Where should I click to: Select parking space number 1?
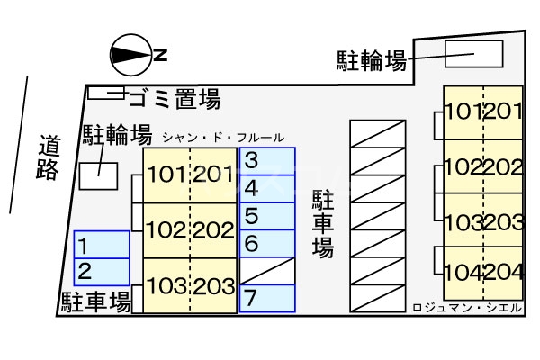(101, 245)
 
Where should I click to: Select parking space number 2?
(101, 271)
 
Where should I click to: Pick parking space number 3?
(267, 162)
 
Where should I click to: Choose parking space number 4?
(267, 189)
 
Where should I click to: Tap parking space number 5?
(267, 216)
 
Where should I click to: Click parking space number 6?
(267, 243)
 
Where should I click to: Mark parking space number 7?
(267, 296)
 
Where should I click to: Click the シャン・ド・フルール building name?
(224, 138)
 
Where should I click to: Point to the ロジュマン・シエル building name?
(466, 307)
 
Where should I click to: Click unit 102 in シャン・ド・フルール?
(166, 229)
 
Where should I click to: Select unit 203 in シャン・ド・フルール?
(214, 286)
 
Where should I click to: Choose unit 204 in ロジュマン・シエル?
(504, 272)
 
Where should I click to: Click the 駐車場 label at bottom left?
(97, 300)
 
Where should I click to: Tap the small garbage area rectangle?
(106, 92)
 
